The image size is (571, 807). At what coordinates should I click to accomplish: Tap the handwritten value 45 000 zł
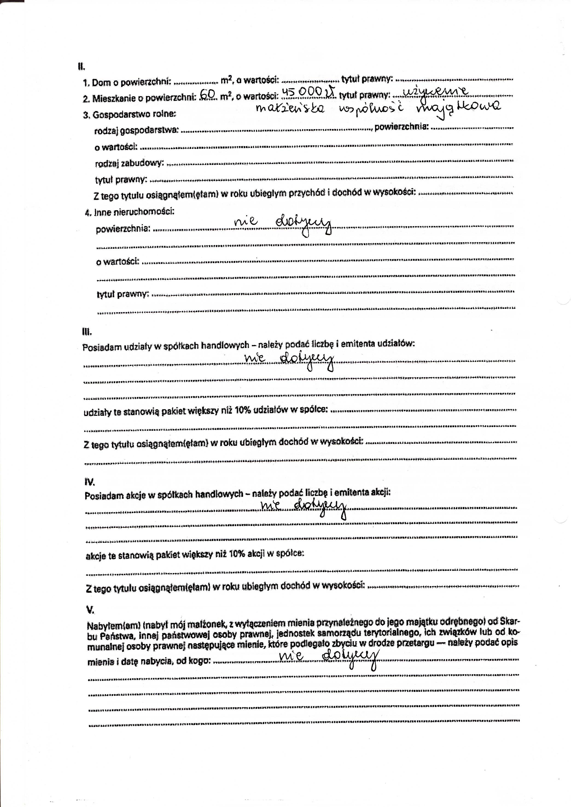[x=309, y=92]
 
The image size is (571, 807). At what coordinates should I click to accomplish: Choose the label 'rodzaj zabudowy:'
[x=129, y=163]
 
